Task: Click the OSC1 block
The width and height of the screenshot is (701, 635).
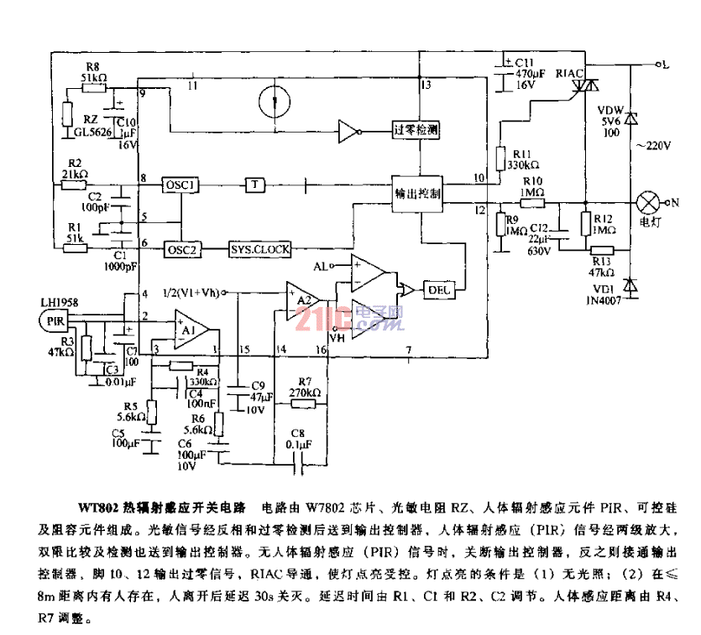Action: pos(180,185)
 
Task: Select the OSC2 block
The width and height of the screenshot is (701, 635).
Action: pos(180,249)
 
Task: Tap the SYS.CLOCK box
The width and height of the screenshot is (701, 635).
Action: pos(260,249)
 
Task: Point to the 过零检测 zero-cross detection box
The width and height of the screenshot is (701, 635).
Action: pos(417,130)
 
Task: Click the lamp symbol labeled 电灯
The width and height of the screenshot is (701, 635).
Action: pos(647,203)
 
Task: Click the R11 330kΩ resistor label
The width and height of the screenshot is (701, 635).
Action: pos(524,159)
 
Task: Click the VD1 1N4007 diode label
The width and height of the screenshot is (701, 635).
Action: pos(602,294)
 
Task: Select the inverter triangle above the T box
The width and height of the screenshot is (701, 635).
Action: pos(348,130)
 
